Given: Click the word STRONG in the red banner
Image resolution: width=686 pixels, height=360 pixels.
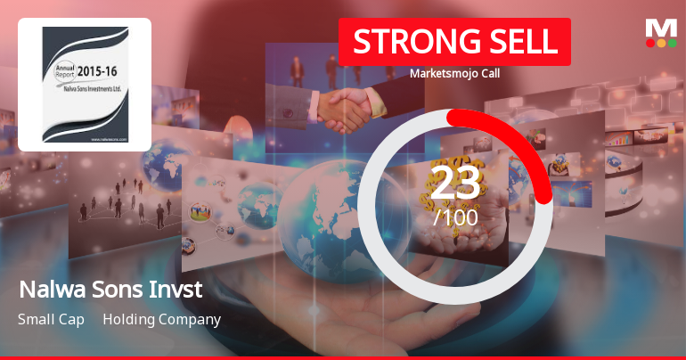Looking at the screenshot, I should tap(406, 42).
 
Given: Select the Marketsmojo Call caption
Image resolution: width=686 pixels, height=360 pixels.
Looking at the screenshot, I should tap(454, 74).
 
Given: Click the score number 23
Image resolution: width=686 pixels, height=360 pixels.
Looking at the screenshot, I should tap(455, 183).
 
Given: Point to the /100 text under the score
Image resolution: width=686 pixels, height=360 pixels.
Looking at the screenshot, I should tap(455, 217).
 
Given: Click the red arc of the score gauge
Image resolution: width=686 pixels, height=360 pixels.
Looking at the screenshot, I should tap(526, 143).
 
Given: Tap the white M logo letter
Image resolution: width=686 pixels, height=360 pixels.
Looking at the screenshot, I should tap(661, 28).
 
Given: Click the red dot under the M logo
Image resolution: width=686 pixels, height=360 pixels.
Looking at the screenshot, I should tap(650, 43).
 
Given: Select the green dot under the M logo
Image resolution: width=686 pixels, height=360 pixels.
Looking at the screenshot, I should tap(672, 43).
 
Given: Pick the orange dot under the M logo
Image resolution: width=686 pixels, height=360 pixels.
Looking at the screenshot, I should tap(661, 43).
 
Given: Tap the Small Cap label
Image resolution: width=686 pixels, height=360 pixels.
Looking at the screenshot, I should tap(51, 319).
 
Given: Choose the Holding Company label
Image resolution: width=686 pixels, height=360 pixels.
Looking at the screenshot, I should tap(161, 319).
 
